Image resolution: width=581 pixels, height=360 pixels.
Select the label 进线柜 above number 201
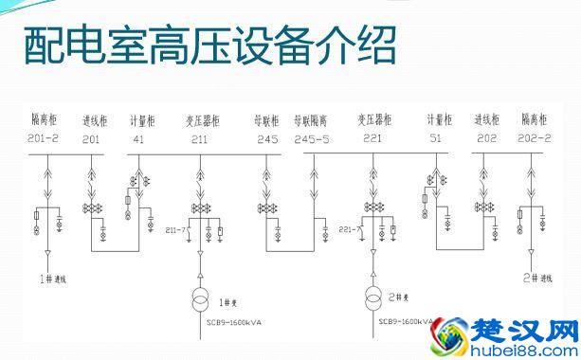coord(95,121)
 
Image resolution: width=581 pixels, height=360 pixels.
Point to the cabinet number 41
coord(138,139)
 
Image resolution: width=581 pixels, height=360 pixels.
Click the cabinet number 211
coord(199,139)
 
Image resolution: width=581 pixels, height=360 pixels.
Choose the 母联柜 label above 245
coord(266,121)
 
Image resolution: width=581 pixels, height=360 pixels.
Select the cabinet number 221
coord(373,139)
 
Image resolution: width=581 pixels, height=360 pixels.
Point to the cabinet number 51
coord(435,139)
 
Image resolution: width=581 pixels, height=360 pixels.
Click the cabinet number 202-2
coord(536,139)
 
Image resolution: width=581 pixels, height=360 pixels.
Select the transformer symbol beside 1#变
coord(200,297)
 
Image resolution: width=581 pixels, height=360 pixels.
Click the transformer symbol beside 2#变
coord(372,297)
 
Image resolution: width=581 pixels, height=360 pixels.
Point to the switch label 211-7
coord(175,228)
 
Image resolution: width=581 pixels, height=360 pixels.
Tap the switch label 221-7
coord(348,228)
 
